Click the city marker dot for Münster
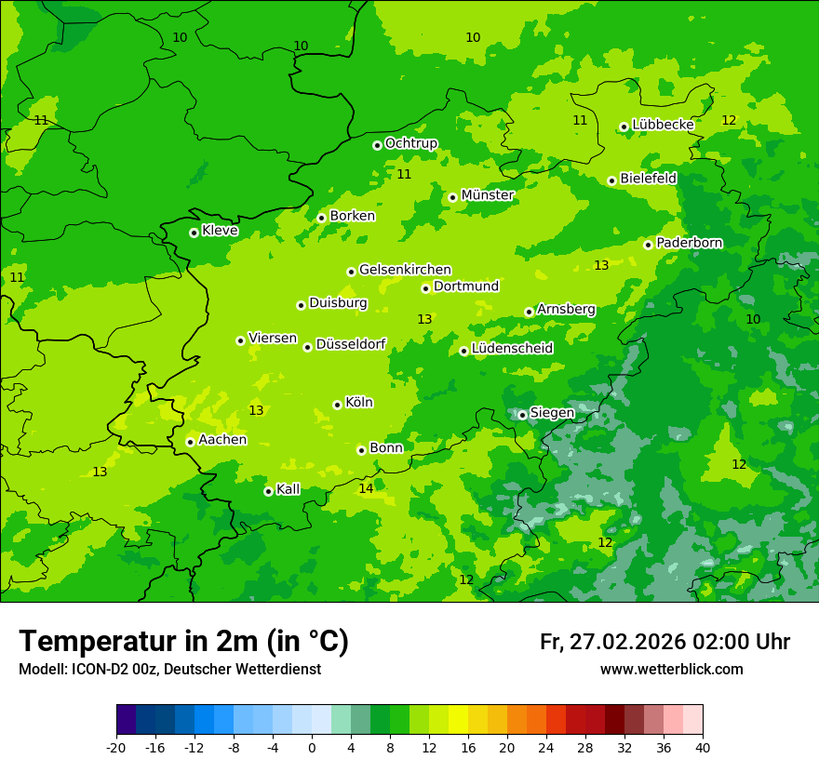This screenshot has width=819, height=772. pos(452,197)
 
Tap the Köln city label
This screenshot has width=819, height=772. pos(358,403)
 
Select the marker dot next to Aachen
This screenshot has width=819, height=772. pos(190,442)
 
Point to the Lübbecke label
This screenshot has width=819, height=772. pos(663,125)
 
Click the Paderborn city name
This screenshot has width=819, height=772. pos(689,243)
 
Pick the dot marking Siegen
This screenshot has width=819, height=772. pos(522,415)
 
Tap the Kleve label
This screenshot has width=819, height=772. pos(220,231)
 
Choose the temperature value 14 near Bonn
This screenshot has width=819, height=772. pos(366,488)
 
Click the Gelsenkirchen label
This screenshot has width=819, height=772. pos(405,270)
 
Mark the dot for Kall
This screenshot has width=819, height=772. pos(268,491)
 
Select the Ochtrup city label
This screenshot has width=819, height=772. pos(410,143)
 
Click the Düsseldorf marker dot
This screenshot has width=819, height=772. pos(307,347)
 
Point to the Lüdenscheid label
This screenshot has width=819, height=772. pos(512,349)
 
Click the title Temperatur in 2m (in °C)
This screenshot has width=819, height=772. pos(183,641)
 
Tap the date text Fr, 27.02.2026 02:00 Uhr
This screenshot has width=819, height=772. pos(665,642)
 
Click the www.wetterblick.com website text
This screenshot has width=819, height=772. pos(671,670)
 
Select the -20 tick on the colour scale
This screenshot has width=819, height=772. pos(116,747)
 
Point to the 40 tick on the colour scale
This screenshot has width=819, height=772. pos(703,747)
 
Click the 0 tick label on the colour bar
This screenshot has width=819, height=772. pos(312,747)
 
